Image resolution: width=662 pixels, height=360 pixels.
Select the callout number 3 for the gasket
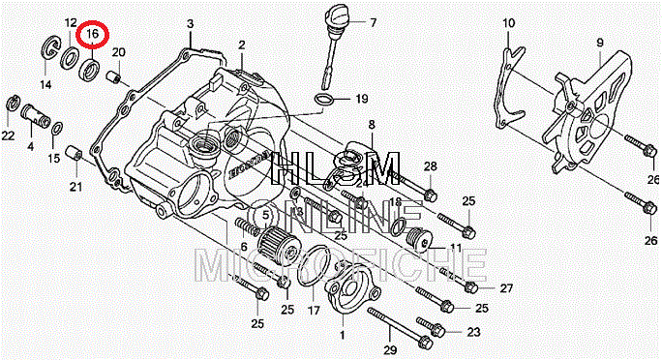191,23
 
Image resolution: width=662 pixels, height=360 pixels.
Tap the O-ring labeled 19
324,99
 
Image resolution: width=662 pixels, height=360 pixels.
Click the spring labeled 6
247,227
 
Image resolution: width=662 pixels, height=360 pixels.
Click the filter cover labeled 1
350,288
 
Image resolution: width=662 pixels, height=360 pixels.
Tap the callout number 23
473,332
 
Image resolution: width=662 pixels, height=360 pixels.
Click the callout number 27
506,288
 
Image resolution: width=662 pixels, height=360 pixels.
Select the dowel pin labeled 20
113,77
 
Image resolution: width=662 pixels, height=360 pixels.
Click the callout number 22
8,135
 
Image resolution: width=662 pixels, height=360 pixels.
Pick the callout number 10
509,23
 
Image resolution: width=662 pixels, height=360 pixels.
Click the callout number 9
600,43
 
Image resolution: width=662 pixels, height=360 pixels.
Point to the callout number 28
431,166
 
